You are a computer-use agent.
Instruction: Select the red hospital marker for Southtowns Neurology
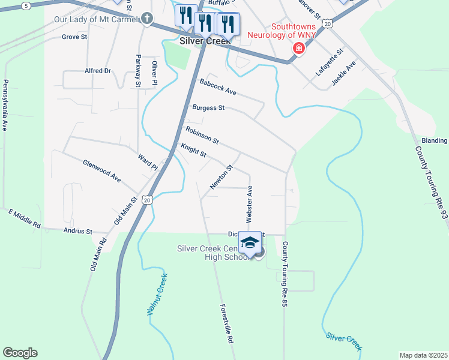coord(297,48)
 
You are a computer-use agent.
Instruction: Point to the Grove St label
coord(74,37)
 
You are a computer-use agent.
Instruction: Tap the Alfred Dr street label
coord(98,71)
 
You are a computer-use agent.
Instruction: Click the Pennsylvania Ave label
coord(5,106)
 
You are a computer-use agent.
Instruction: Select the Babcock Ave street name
coord(218,87)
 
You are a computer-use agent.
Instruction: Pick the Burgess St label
coord(208,108)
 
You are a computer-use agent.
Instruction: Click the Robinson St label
coord(202,135)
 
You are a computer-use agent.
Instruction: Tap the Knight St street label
coord(193,150)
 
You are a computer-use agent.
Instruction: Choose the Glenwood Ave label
coord(102,171)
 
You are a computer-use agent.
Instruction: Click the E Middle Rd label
coord(24,219)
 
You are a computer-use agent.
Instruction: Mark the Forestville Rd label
coord(226,323)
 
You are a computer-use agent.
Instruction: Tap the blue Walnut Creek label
coord(157,295)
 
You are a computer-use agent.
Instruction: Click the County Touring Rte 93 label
coord(432,182)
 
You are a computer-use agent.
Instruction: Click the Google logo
coord(20,353)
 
